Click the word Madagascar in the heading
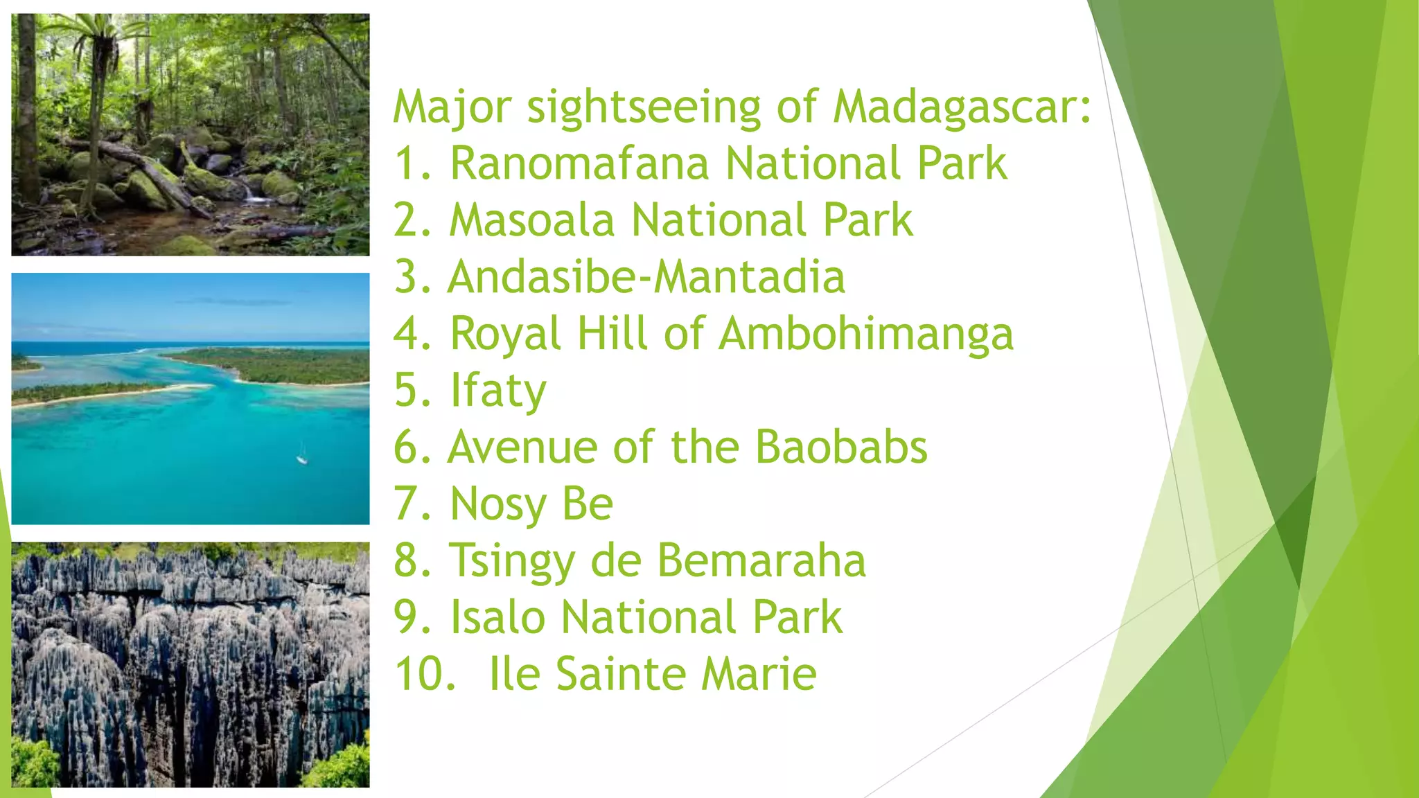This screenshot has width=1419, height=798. click(962, 108)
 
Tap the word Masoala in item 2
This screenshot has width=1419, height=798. click(531, 221)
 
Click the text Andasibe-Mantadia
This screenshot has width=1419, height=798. click(646, 277)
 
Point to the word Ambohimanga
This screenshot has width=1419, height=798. click(865, 335)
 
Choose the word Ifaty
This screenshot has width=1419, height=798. click(497, 391)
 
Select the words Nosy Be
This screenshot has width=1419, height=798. click(531, 504)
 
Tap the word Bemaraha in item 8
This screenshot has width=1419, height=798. click(761, 560)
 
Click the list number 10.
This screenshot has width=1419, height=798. click(424, 673)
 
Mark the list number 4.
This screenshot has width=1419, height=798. click(413, 335)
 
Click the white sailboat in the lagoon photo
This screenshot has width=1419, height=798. click(302, 455)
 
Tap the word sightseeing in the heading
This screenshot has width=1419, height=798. click(644, 108)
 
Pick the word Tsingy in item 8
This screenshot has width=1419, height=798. click(511, 560)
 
